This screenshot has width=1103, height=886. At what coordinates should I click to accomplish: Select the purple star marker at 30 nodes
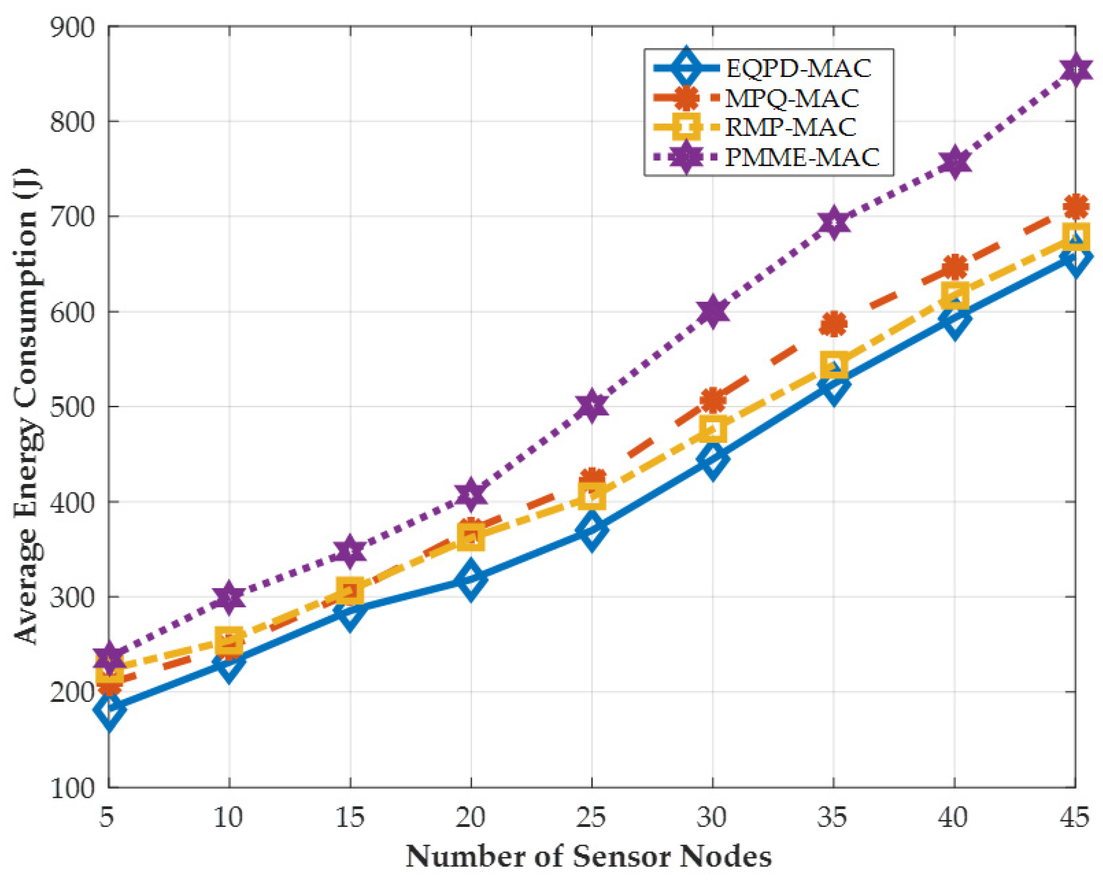coord(713,311)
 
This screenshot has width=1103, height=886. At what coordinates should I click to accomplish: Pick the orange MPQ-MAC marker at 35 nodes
coord(833,324)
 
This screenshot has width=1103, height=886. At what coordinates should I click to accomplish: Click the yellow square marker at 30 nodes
coord(713,428)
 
